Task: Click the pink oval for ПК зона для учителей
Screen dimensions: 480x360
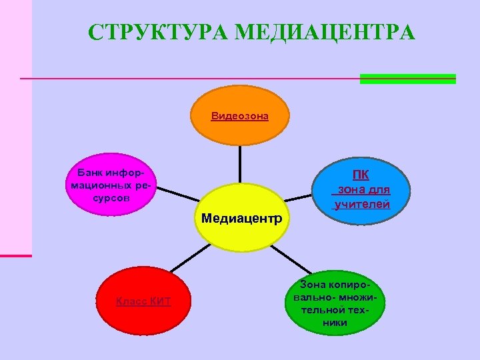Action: coord(361,200)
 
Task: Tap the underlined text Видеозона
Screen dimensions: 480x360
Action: coord(240,116)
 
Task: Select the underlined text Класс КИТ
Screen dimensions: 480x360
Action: coord(143,302)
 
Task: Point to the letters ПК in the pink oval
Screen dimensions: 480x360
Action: coord(361,175)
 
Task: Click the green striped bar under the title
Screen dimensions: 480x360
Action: coord(407,79)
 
